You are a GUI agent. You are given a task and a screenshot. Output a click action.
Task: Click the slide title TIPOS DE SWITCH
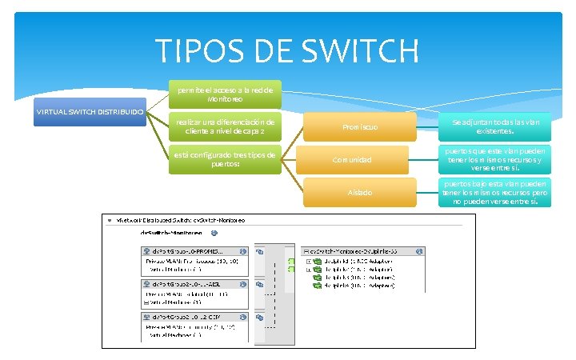tap(287, 51)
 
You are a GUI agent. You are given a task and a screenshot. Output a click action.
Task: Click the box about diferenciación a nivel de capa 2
tap(225, 126)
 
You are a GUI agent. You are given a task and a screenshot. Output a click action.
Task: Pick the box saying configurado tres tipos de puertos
tap(225, 159)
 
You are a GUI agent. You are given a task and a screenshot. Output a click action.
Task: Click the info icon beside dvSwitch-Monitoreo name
tap(214, 234)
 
